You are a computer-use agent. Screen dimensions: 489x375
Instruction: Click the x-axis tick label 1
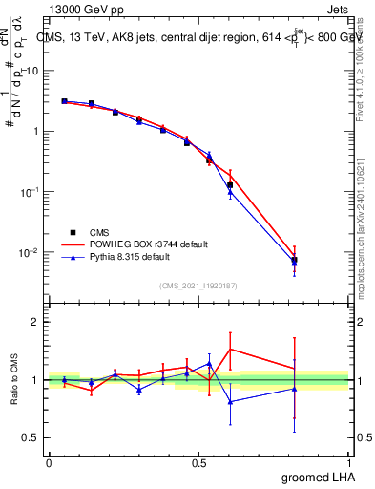(349, 462)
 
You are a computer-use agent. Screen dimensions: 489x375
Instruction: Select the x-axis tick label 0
(49, 462)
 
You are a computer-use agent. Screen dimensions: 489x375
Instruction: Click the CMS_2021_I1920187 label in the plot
(198, 285)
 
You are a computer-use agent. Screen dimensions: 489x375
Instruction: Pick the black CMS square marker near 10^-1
(230, 185)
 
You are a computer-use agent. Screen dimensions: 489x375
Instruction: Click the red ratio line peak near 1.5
(230, 349)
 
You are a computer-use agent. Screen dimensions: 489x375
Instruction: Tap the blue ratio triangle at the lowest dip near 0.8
(230, 402)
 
